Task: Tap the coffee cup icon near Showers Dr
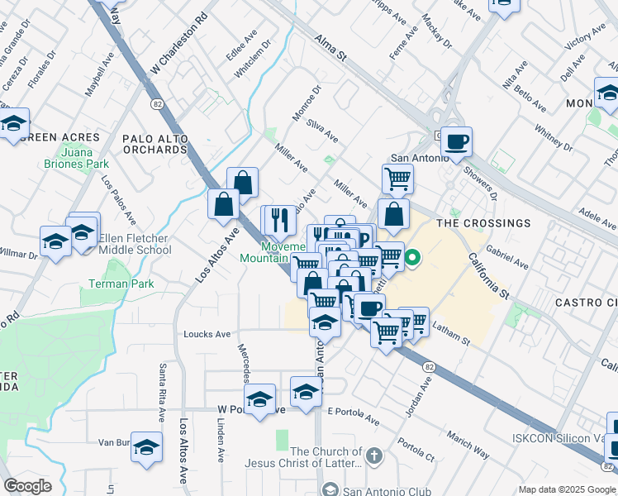456,141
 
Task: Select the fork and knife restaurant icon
280,219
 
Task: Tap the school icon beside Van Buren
146,446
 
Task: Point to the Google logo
27,486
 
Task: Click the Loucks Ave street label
207,334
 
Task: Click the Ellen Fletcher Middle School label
135,244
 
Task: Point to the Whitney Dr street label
553,139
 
